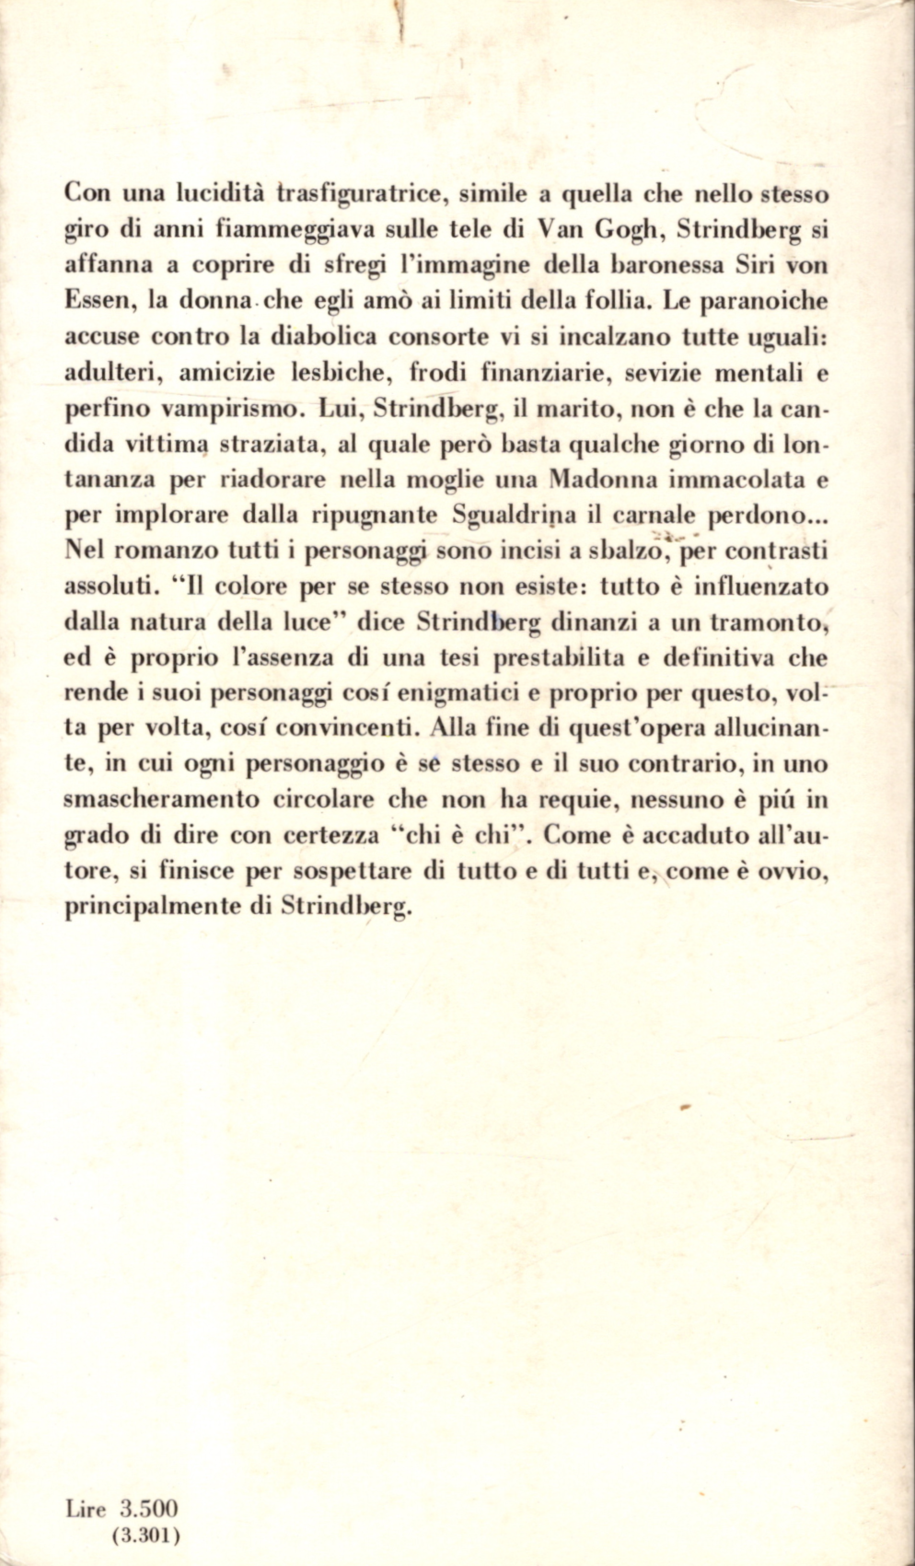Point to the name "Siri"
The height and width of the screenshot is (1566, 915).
point(735,266)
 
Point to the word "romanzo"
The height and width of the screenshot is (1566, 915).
point(161,550)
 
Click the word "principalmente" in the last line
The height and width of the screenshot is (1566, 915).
point(151,905)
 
